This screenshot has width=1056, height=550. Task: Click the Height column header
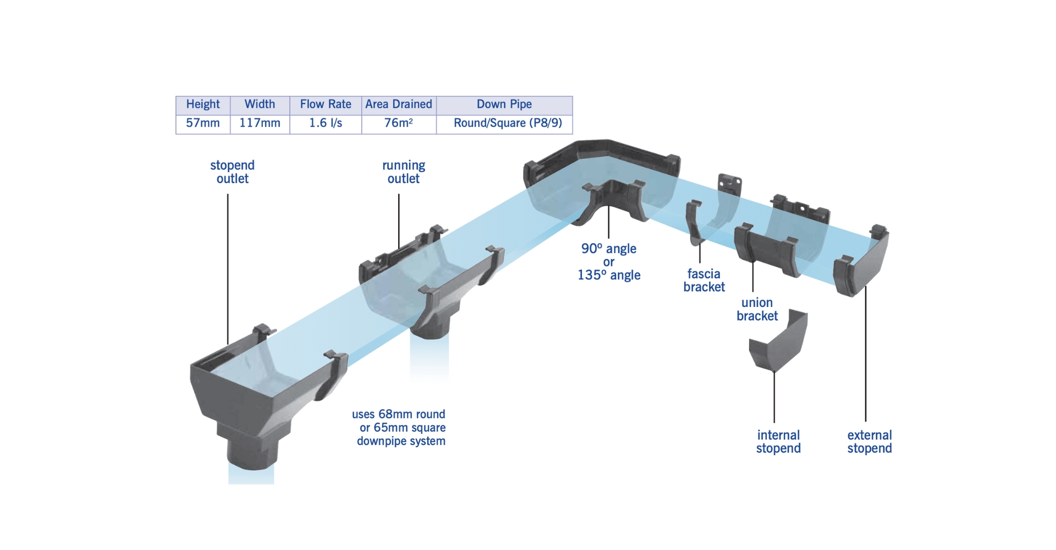point(202,104)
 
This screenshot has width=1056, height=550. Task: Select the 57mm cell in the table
point(202,123)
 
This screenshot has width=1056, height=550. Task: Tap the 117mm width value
point(260,123)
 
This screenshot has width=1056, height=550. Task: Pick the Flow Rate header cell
point(326,104)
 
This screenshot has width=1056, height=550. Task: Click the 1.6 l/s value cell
point(326,123)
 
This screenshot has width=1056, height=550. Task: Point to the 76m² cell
point(399,123)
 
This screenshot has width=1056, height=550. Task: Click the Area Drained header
point(399,104)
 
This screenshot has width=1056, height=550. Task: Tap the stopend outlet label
point(232,172)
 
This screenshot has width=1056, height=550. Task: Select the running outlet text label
point(404,172)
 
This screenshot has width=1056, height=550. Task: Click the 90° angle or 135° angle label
point(609,262)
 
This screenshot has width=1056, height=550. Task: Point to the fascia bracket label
point(704,280)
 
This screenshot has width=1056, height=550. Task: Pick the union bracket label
point(757,309)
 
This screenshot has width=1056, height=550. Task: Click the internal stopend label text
point(778,442)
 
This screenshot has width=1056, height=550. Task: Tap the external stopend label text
point(870,442)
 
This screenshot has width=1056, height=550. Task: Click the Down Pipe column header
point(504,104)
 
